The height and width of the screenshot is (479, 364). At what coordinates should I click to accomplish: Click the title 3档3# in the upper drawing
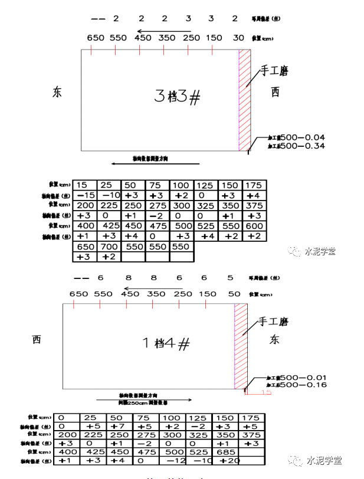[x=177, y=96]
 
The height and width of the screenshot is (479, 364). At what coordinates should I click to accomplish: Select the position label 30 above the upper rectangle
[x=238, y=38]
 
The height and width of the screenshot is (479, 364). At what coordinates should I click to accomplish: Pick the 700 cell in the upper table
[x=109, y=246]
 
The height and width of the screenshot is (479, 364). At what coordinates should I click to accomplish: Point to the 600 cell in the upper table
[x=254, y=226]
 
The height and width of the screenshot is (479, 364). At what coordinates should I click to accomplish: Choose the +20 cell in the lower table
[x=230, y=460]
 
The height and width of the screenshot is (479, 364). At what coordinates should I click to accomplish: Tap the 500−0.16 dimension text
[x=303, y=385]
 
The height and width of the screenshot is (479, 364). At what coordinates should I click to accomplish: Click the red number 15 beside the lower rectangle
[x=265, y=392]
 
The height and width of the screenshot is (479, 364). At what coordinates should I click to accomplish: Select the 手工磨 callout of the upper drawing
[x=275, y=71]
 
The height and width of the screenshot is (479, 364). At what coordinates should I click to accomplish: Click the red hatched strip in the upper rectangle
[x=244, y=100]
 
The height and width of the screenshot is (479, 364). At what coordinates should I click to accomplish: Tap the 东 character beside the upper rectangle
[x=57, y=93]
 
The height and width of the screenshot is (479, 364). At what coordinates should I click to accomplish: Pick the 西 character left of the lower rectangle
[x=37, y=339]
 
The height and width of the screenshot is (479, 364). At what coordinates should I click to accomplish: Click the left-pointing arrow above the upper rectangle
[x=163, y=31]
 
